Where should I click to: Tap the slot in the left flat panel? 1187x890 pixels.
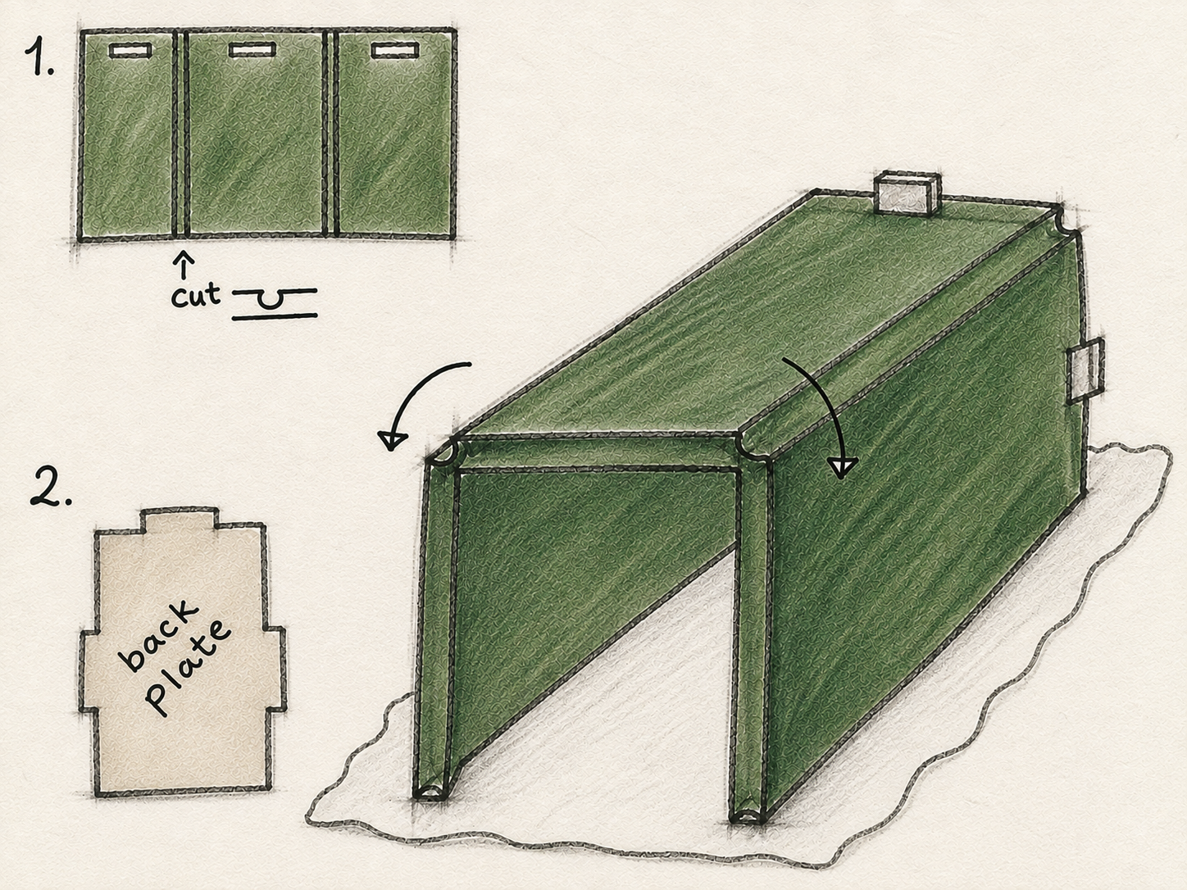tap(130, 50)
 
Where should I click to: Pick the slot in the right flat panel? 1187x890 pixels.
tap(395, 51)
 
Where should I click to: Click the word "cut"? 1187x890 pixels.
tap(196, 296)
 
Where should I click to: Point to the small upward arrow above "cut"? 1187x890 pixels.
tap(184, 263)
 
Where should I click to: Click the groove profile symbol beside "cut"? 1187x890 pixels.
tap(274, 304)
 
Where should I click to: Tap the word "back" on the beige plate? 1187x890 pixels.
tap(157, 637)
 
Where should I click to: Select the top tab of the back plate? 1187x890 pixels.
tap(179, 518)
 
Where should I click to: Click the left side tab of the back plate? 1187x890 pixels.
tap(89, 670)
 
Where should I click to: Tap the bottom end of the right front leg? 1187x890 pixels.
tap(748, 815)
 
